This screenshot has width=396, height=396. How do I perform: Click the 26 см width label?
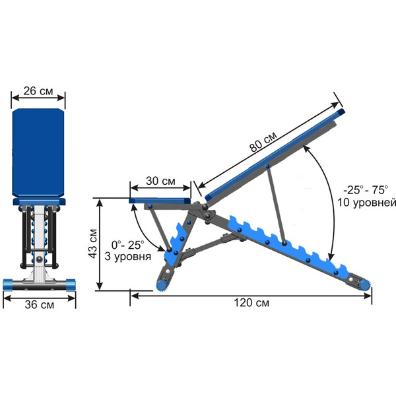point(38,91)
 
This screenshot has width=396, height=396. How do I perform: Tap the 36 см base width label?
point(40,304)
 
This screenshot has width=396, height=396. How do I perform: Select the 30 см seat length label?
point(160,181)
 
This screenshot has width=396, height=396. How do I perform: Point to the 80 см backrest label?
point(263,142)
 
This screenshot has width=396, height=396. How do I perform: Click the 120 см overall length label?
point(251,302)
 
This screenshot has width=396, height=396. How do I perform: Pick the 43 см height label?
point(92,244)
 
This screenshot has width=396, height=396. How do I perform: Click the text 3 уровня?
point(128,256)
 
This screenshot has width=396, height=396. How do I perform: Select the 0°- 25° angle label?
point(128,245)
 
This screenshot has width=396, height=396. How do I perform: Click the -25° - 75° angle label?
point(366,190)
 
